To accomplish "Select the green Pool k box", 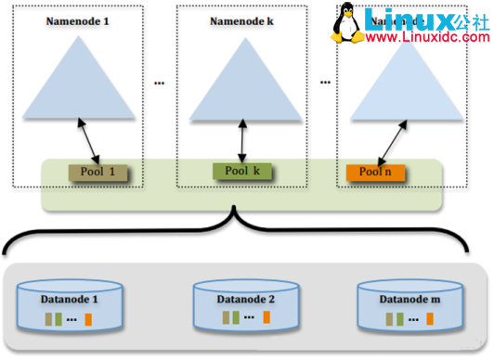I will click(x=242, y=171).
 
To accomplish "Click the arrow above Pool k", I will click(x=242, y=143).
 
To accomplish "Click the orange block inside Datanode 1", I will click(x=88, y=319).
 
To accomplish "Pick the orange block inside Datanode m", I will click(x=431, y=319).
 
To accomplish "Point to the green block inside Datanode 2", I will click(x=237, y=318).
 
